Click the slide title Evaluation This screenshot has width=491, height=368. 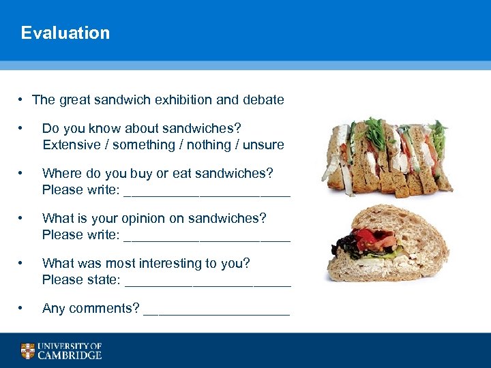click(x=65, y=33)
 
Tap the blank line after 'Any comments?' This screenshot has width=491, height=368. click(x=217, y=313)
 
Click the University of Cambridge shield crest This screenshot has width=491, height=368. click(x=27, y=351)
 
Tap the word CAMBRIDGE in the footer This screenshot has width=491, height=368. click(x=70, y=355)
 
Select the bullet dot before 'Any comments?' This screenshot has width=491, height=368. click(x=23, y=308)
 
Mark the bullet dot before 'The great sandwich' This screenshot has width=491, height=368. click(x=23, y=99)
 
